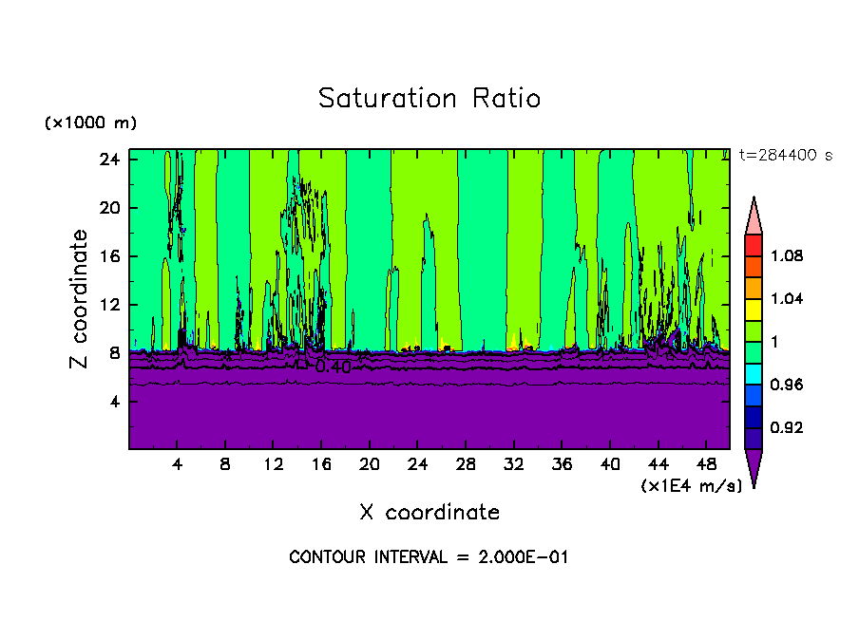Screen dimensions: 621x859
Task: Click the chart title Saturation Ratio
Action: [429, 99]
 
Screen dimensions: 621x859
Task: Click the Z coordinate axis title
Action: [81, 299]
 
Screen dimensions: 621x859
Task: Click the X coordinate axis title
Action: [429, 513]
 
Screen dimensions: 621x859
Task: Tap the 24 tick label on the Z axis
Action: [110, 160]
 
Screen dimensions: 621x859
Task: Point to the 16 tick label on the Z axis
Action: [110, 256]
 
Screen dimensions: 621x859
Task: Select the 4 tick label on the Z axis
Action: [115, 402]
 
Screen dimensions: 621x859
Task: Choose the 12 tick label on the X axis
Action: [273, 465]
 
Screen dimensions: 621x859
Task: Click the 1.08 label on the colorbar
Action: [786, 256]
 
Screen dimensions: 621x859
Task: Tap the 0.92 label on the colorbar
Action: [786, 428]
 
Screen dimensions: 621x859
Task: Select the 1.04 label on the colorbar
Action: [786, 299]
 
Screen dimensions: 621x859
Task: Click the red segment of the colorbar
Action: [753, 245]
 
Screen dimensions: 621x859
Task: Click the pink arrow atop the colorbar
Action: [753, 216]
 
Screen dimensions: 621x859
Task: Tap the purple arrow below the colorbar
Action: [753, 467]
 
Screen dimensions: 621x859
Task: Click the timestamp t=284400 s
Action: [785, 156]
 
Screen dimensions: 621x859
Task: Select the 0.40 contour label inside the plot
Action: [333, 367]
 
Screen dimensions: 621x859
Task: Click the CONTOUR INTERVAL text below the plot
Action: [429, 557]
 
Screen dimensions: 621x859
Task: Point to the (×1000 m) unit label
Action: [90, 123]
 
